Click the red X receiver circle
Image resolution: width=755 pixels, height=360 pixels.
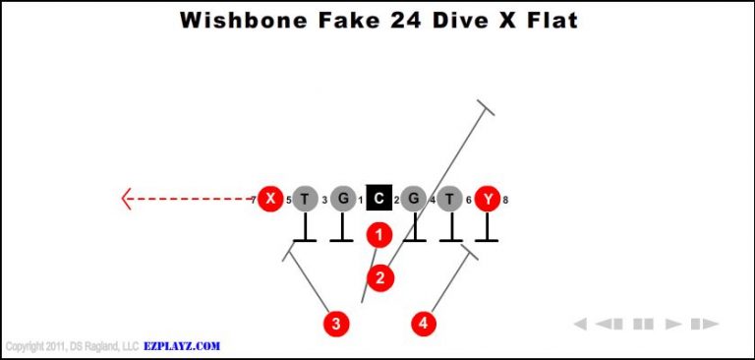coord(270,199)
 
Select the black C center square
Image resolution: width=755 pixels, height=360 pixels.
coord(378,199)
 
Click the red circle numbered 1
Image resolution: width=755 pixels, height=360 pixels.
coord(378,235)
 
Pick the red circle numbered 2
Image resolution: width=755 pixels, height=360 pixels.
coord(380,277)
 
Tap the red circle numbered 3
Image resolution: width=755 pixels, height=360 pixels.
coord(336,323)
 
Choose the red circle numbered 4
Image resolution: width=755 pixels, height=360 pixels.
coord(424,323)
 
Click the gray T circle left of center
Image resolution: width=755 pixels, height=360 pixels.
coord(306,199)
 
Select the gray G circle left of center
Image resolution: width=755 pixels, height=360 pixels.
coord(342,199)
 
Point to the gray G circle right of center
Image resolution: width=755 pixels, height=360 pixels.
coord(414,199)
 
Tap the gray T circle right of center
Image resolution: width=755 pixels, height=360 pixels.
coord(450,199)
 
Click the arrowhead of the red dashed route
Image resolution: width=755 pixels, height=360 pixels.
coord(126,199)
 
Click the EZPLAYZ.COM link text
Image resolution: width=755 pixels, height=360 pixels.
coord(183,346)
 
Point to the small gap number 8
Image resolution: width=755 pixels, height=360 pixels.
coord(505,200)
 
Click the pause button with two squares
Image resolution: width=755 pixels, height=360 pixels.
coord(644,324)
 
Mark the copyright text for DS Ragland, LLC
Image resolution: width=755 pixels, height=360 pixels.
coord(73,346)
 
